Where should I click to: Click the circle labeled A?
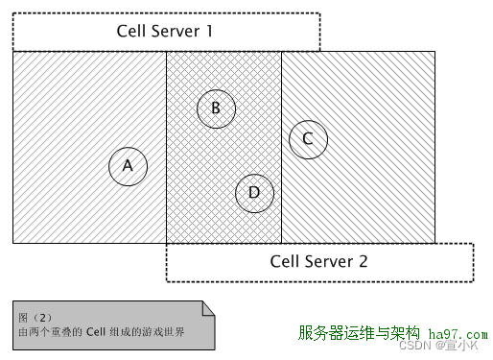click(128, 165)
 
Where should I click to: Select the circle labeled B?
click(216, 108)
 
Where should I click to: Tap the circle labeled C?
click(308, 138)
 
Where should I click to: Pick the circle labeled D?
click(254, 192)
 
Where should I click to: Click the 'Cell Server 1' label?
click(166, 31)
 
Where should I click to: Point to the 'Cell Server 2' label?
click(318, 261)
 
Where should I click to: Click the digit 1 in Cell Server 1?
click(208, 31)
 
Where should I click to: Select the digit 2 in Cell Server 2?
click(363, 261)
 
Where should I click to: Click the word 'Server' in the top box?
click(174, 31)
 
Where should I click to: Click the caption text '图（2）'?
click(35, 316)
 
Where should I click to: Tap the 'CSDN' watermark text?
click(412, 346)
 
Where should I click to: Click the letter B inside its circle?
click(216, 108)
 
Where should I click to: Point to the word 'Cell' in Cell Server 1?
click(132, 31)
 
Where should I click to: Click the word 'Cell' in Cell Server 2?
click(286, 261)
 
